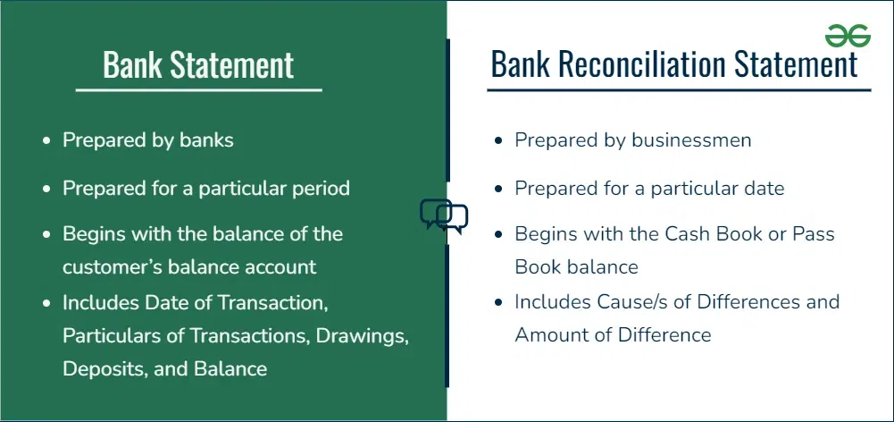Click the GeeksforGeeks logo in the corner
point(848,36)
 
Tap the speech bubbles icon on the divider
point(444,215)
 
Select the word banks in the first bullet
point(207,140)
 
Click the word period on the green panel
point(322,188)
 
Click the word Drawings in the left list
point(363,336)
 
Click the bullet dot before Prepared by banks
point(47,141)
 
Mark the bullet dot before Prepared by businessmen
point(499,141)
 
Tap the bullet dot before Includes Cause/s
point(499,302)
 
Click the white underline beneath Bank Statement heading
point(199,90)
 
